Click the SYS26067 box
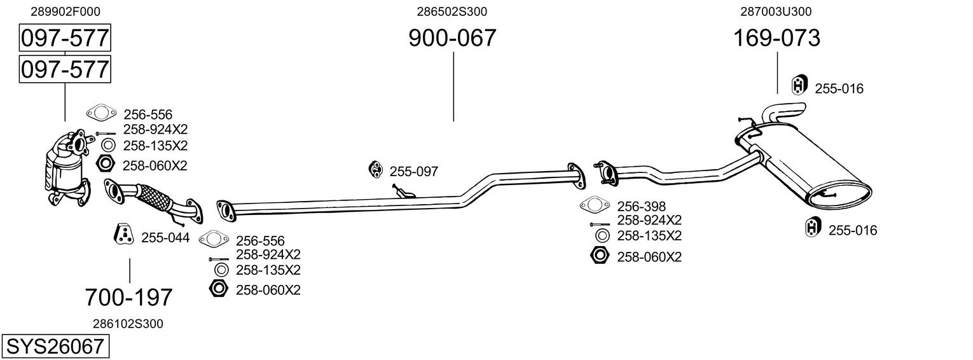[x=55, y=347]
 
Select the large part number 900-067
[x=452, y=39]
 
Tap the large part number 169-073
[x=776, y=39]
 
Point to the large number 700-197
[x=129, y=297]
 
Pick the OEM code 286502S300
[x=452, y=11]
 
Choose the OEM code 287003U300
[x=776, y=11]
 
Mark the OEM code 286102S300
[x=128, y=324]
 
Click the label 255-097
[x=413, y=171]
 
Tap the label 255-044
[x=165, y=237]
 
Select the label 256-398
[x=641, y=206]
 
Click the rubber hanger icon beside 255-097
[x=375, y=169]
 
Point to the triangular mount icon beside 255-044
[x=124, y=235]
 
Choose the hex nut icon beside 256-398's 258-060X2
[x=599, y=256]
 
